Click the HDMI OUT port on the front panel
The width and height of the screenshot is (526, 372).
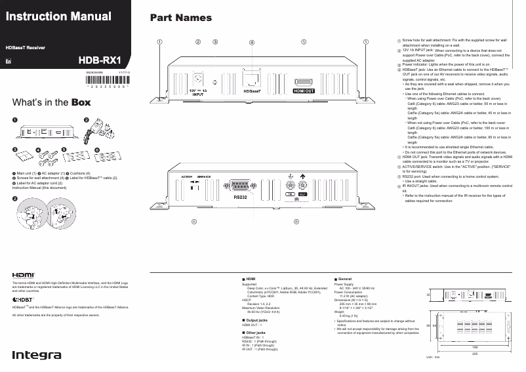coord(303,83)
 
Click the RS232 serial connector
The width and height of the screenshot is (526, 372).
coord(240,186)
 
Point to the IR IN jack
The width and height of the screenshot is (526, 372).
coord(291,186)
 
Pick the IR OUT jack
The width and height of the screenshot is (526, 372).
coord(302,186)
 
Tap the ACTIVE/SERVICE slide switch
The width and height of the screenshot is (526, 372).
coord(194,186)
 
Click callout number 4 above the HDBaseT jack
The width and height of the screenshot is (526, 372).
coord(253,42)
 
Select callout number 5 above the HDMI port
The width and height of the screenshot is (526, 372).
coord(303,41)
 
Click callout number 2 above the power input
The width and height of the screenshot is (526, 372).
coord(197,41)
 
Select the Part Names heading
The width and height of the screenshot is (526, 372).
coord(181,18)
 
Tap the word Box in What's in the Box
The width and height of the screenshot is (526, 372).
coord(81,102)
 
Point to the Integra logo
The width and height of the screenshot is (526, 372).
coord(37,355)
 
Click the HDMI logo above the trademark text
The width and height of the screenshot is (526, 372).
coord(24,276)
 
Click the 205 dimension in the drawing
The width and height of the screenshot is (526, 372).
coord(465,352)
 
